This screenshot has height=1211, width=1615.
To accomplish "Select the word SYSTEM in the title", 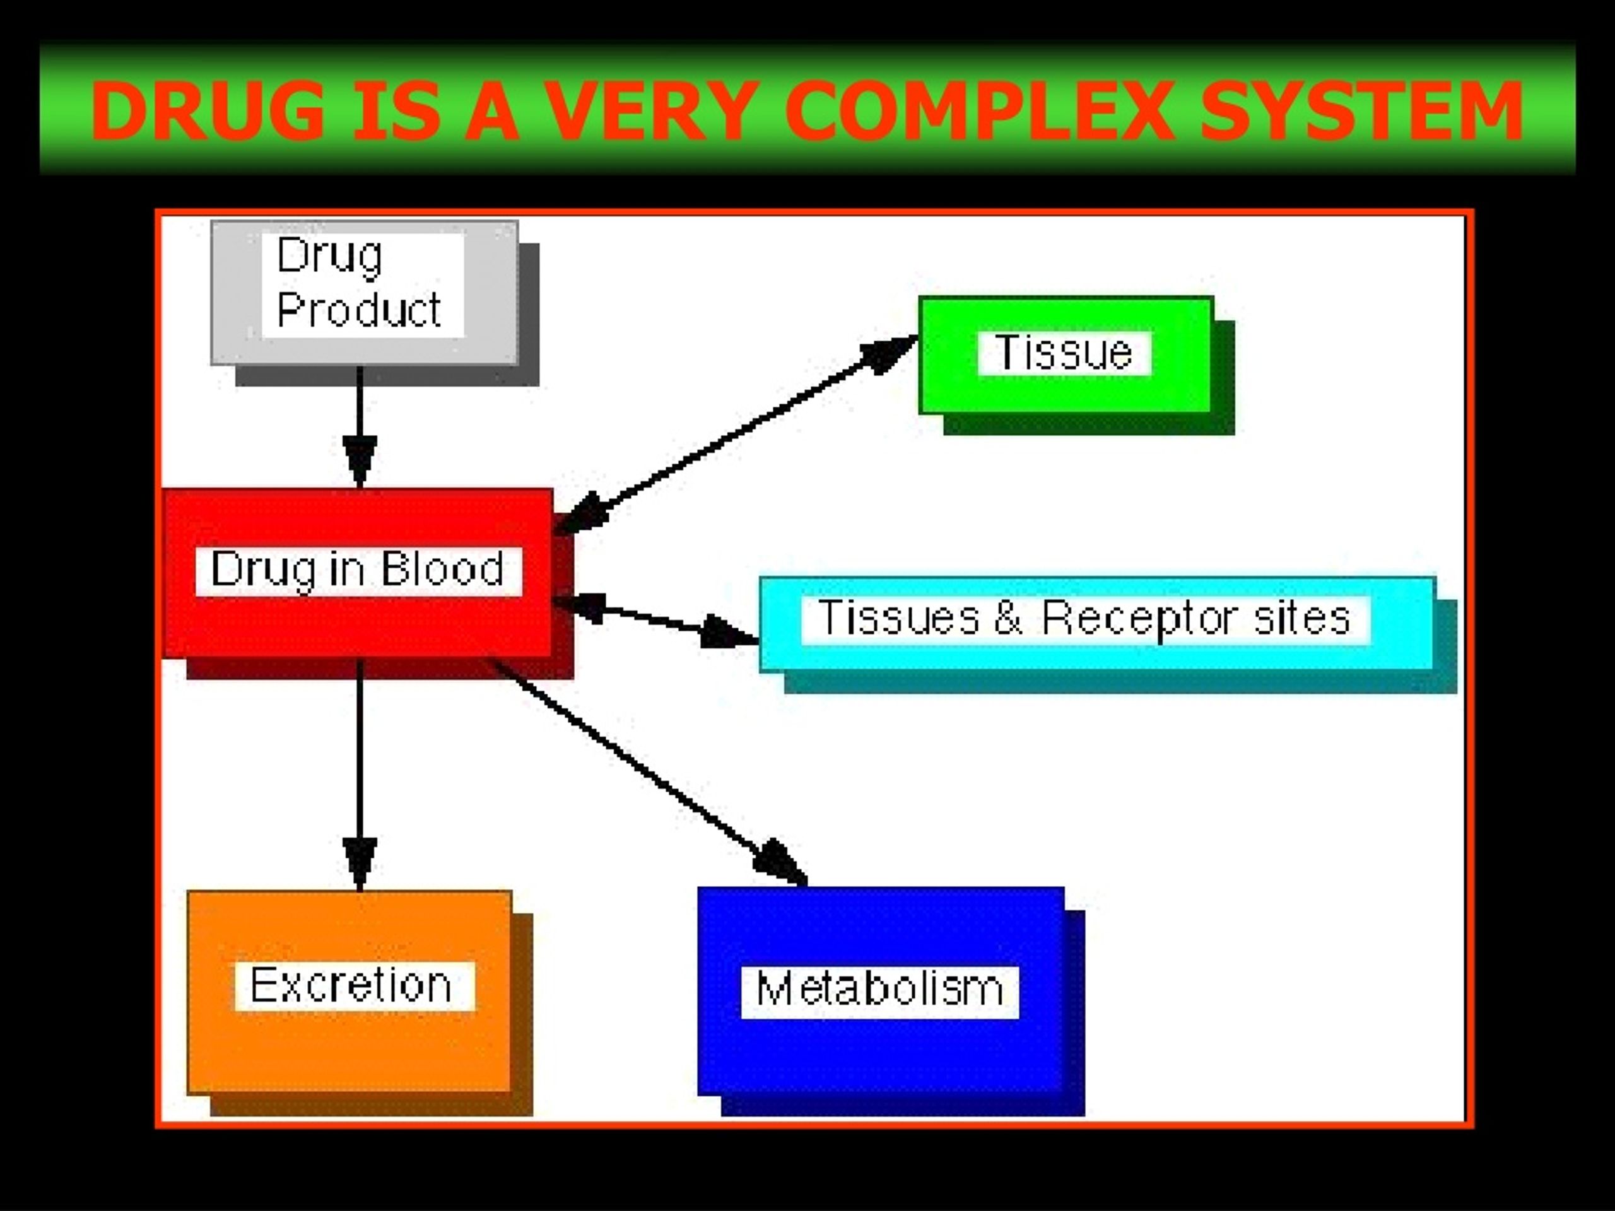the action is [1361, 111].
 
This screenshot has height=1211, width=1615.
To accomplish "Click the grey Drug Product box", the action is [365, 292].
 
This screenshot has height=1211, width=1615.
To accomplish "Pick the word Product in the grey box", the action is [359, 310].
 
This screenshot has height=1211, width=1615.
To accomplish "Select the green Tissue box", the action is [1066, 354].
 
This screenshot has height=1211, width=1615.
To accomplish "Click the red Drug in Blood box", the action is [357, 573].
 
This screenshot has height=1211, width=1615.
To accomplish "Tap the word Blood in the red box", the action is [442, 568].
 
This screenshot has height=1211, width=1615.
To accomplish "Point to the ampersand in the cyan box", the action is [1008, 617].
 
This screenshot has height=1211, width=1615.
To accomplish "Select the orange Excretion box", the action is [349, 992].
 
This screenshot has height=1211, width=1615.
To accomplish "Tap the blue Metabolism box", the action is [881, 992].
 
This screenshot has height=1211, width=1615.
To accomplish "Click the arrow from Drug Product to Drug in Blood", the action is [360, 427].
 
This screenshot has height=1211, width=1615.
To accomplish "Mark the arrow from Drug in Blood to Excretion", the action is [360, 775].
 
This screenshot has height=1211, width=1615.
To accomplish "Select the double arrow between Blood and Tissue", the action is [736, 435].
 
